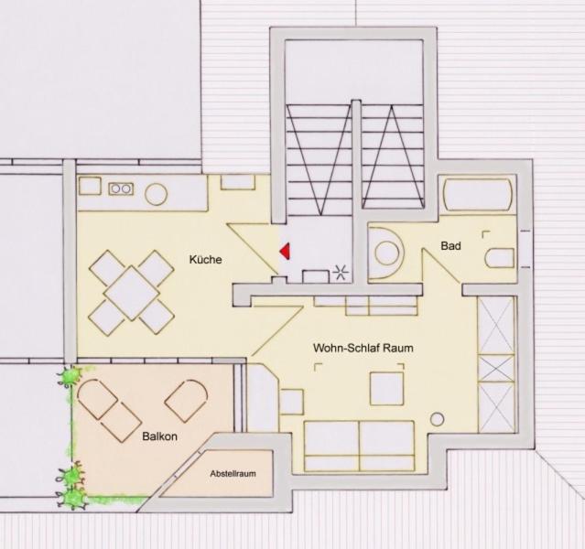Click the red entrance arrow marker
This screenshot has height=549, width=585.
286,251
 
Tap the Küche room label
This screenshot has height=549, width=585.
206,259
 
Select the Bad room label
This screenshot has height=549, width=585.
450,246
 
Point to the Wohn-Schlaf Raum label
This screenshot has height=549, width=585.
363,348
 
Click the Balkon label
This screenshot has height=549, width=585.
159,436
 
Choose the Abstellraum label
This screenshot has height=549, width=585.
233,474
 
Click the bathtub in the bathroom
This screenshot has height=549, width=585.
477,195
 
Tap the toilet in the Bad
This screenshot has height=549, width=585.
500,257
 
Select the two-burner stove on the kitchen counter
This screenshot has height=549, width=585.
121,188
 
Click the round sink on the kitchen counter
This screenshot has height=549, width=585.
156,194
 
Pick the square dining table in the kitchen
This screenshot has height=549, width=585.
132,293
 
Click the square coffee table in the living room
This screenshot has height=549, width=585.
387,388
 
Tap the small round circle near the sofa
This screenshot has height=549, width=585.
438,420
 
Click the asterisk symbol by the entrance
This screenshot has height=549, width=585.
341,273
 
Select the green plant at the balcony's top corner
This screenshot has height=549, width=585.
70,376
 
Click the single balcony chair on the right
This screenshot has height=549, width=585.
186,401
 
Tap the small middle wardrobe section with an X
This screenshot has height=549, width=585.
496,369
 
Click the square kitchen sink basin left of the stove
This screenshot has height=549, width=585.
90,186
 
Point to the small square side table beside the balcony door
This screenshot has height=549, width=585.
291,402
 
